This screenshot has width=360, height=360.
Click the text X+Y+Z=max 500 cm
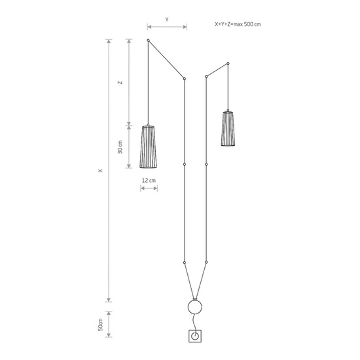pos(238,24)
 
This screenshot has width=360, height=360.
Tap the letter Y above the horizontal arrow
pos(167,20)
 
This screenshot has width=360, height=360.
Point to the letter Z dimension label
pos(119,82)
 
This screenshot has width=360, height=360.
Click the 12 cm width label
pos(149,180)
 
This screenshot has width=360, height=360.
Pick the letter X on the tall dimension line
pos(99,171)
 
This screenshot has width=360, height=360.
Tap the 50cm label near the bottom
pos(100,324)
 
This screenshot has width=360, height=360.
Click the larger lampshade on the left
pos(149,146)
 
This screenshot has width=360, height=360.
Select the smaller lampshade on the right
pos(228,128)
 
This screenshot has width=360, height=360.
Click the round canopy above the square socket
pos(195,308)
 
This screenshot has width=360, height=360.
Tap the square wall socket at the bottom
pos(195,337)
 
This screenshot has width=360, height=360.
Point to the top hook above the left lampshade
pos(149,41)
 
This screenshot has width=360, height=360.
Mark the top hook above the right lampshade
pos(228,63)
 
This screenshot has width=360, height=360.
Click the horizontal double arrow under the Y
pos(167,27)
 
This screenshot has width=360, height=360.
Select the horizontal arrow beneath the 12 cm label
pos(149,190)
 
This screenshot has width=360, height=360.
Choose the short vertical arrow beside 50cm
pos(109,323)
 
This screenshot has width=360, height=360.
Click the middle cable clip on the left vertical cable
pos(185,164)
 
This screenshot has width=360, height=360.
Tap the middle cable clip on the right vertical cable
pos(206,164)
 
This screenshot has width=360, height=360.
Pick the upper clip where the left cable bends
pos(185,79)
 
